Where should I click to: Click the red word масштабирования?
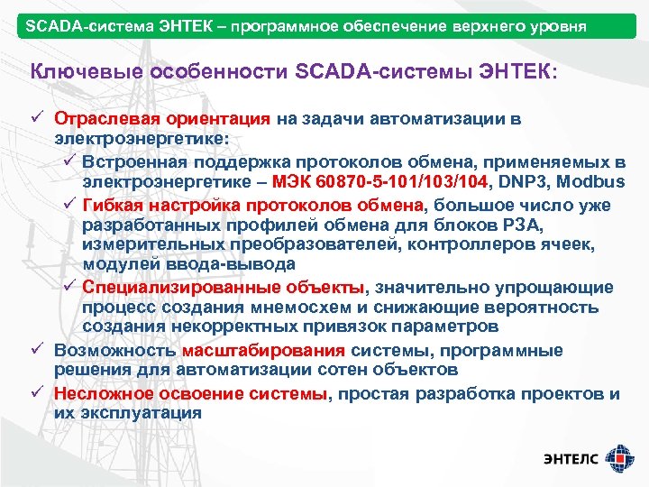[x=263, y=351]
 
